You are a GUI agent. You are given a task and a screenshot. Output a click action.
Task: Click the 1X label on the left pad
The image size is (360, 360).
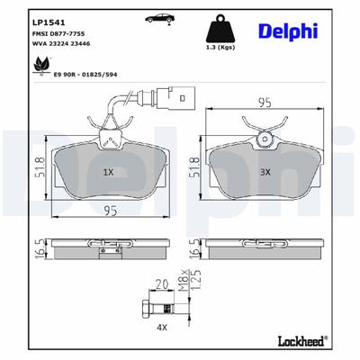pos(109,171)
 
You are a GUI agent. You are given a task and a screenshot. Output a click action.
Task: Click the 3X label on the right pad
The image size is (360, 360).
pos(265,171)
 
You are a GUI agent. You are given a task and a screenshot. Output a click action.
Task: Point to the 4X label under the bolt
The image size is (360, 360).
pos(163,328)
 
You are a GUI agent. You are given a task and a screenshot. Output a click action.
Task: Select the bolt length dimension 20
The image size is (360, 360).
pos(163,283)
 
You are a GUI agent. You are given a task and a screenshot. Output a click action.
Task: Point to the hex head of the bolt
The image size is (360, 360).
pos(146,310)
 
